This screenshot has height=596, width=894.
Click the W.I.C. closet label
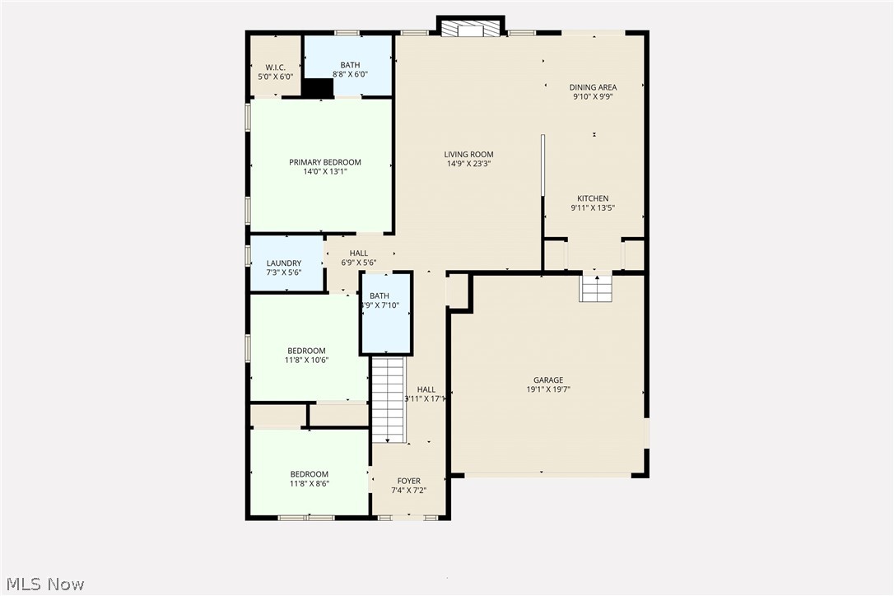275,68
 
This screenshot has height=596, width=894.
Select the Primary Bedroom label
324,162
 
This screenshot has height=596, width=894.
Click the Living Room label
468,154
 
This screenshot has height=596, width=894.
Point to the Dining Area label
593,87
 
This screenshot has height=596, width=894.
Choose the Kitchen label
593,198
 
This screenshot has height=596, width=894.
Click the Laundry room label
283,263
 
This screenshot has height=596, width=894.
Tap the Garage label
547,380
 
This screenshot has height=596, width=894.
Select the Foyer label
408,481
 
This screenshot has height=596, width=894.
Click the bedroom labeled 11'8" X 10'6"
306,351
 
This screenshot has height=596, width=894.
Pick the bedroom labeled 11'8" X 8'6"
309,474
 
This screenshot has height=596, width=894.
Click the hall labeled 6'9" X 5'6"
359,254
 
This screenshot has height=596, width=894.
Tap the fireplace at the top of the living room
469,29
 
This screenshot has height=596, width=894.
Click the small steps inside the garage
596,289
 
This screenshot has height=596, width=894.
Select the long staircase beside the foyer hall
389,399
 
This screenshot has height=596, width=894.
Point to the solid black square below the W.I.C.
318,88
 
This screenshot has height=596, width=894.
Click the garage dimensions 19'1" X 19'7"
547,390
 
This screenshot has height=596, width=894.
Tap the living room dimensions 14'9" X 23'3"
468,164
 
